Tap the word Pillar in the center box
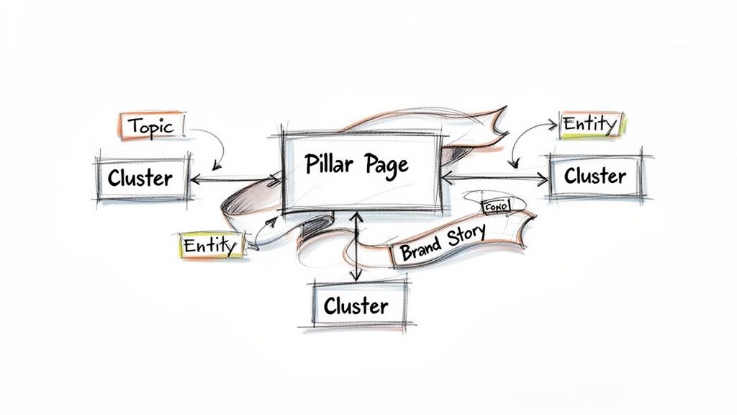point(328,164)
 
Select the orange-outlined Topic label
point(150,126)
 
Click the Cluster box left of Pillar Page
point(141,177)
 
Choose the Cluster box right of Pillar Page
point(595,175)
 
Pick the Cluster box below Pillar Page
point(357,305)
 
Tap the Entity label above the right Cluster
point(589,125)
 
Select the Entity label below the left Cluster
point(209,246)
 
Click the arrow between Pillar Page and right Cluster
point(497,175)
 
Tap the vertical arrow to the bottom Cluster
point(355,245)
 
